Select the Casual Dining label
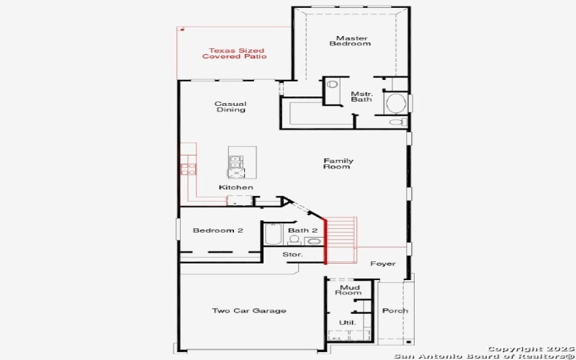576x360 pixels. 230,107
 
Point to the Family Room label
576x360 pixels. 337,163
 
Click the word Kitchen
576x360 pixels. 236,187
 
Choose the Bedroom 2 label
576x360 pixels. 217,230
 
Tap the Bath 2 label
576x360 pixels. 302,230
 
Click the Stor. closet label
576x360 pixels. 293,255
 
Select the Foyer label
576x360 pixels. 382,264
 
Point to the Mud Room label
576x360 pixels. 349,289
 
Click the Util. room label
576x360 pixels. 347,322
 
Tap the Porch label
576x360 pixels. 395,311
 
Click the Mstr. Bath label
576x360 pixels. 361,97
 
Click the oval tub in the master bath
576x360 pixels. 395,103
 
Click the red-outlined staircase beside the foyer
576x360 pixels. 341,239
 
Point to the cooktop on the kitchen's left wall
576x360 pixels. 187,169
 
